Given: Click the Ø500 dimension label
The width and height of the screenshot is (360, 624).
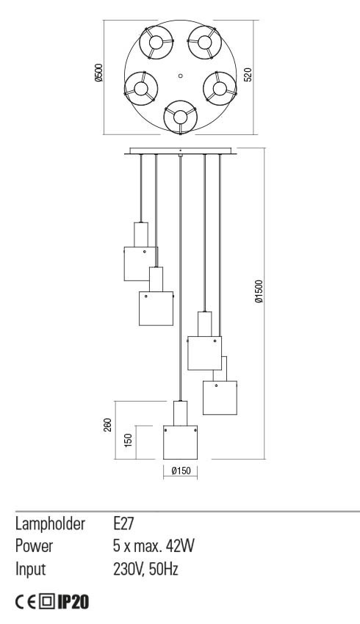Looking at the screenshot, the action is (99, 73).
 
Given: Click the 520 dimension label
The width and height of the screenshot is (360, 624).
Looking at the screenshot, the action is (248, 74).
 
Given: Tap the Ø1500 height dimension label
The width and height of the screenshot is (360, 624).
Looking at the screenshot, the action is (259, 291).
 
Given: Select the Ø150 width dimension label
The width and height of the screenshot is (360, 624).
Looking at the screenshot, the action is (181, 471).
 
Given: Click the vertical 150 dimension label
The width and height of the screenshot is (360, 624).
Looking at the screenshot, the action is (128, 440).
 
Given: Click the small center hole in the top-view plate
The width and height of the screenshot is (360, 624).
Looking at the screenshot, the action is (181, 75).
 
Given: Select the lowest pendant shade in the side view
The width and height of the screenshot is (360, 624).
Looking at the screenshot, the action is (180, 443).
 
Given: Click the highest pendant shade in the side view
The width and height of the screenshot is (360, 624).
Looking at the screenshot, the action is (140, 264).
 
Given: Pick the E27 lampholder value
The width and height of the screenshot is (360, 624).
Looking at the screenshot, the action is (123, 523).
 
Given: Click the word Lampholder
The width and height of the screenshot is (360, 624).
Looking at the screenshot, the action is (50, 524).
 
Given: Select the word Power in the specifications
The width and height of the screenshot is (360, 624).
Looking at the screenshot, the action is (34, 546).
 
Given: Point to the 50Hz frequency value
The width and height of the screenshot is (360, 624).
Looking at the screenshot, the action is (164, 569).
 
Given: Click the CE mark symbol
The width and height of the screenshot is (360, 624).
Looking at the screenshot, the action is (26, 602).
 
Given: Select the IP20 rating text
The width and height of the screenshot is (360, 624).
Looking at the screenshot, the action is (73, 602).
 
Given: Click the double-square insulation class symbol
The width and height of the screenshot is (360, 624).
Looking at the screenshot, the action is (47, 602).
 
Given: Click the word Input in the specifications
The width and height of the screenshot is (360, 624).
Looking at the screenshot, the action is (31, 570).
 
